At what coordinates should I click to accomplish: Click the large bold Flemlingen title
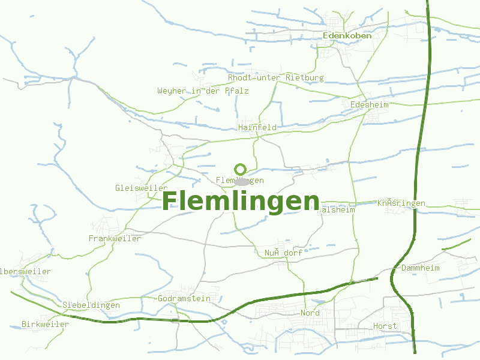click(x=241, y=201)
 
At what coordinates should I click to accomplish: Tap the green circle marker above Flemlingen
click(x=241, y=169)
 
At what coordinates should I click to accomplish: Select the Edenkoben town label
click(x=347, y=35)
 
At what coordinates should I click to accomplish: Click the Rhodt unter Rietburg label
click(x=275, y=78)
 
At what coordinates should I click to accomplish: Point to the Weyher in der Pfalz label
click(x=203, y=91)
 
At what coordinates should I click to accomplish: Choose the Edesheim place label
click(x=369, y=104)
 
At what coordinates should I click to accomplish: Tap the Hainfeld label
click(x=257, y=127)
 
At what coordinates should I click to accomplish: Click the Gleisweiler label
click(x=141, y=188)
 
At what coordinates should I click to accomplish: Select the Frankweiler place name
click(x=115, y=238)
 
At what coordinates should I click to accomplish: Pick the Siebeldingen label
click(x=91, y=305)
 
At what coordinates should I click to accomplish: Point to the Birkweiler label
click(x=45, y=324)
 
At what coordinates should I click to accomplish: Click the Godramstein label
click(x=184, y=298)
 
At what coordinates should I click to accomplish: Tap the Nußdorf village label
click(x=283, y=253)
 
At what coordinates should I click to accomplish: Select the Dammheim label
click(x=420, y=268)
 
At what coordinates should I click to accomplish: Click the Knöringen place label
click(x=401, y=203)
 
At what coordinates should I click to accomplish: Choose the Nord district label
click(x=310, y=313)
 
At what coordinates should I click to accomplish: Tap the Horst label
click(x=385, y=326)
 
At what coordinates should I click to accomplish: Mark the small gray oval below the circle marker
click(x=241, y=181)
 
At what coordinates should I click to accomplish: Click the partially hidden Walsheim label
click(x=337, y=210)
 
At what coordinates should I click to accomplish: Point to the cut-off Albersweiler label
click(x=25, y=271)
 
